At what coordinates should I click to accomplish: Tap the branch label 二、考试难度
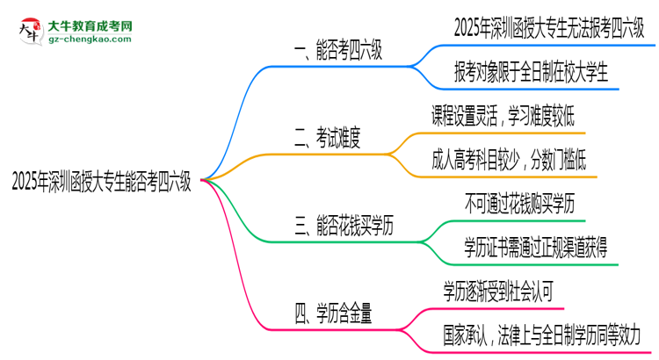coord(330,138)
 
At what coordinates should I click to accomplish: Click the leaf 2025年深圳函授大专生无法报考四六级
coord(547,28)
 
